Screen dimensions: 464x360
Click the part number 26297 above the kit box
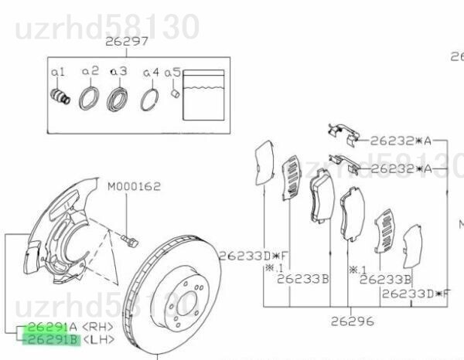pos(127,42)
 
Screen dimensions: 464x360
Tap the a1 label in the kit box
pos(58,72)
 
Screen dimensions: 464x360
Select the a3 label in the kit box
pos(118,71)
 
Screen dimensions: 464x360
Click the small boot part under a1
pos(60,96)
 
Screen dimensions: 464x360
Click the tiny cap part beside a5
pos(176,93)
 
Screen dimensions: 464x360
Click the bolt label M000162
pos(134,186)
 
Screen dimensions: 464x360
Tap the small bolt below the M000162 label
pos(130,241)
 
